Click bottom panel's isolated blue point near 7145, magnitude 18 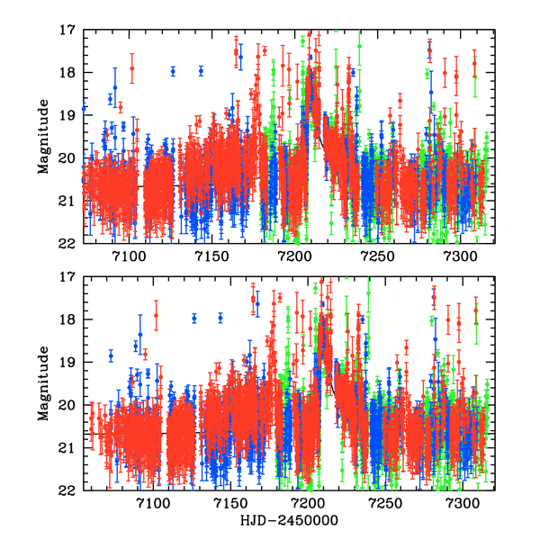[x=220, y=318]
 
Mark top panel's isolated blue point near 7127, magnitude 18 [x=173, y=70]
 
